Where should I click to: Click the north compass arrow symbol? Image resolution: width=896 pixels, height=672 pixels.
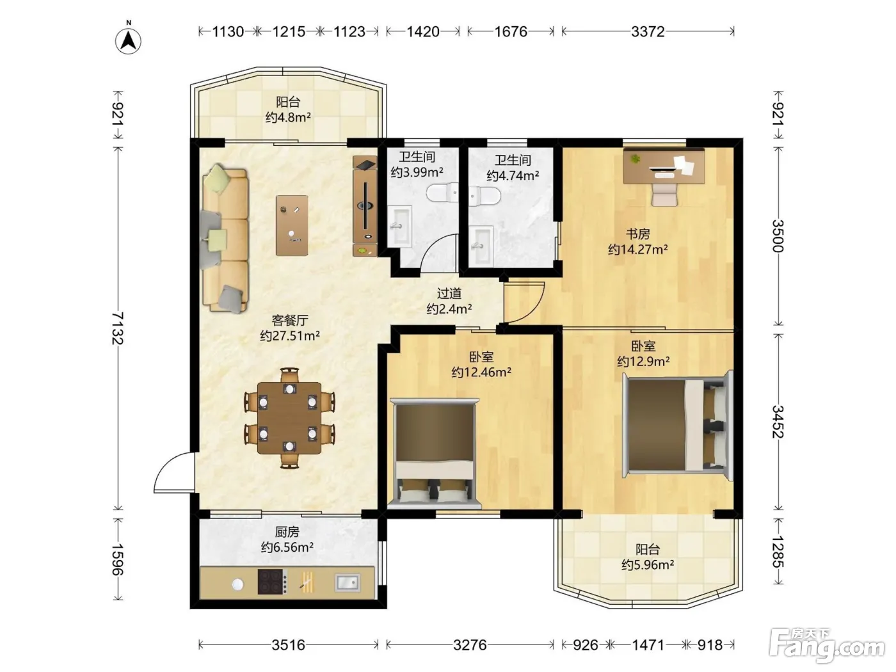pyautogui.click(x=128, y=40)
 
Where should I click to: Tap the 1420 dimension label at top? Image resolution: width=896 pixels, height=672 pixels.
pyautogui.click(x=423, y=31)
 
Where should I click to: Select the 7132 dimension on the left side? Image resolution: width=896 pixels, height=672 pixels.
pyautogui.click(x=118, y=328)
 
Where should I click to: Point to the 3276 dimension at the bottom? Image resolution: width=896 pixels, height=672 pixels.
pyautogui.click(x=470, y=644)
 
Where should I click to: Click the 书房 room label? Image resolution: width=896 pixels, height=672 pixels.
pyautogui.click(x=638, y=234)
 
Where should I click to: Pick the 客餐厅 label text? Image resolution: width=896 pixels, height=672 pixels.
pyautogui.click(x=290, y=320)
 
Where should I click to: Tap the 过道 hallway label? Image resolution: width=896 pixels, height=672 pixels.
pyautogui.click(x=449, y=293)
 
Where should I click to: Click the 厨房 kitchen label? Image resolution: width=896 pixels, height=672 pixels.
pyautogui.click(x=287, y=532)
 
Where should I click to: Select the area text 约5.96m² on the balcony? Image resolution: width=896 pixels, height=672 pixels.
pyautogui.click(x=648, y=564)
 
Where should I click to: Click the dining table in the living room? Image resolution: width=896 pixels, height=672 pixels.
pyautogui.click(x=289, y=418)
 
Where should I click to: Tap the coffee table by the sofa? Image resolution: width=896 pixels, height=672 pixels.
pyautogui.click(x=292, y=226)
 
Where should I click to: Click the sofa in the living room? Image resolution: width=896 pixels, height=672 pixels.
pyautogui.click(x=225, y=239)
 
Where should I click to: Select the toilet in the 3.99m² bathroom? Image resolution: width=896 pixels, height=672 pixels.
pyautogui.click(x=442, y=193)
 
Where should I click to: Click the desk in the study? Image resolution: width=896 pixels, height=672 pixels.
pyautogui.click(x=664, y=166)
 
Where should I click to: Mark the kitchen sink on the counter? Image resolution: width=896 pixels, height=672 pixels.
pyautogui.click(x=348, y=582)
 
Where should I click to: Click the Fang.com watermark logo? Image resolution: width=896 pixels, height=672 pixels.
pyautogui.click(x=827, y=645)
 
